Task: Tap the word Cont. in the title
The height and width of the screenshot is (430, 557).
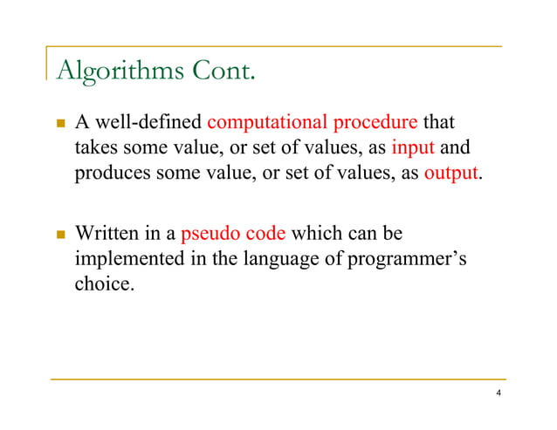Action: click(x=221, y=72)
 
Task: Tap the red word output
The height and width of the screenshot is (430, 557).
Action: click(x=451, y=172)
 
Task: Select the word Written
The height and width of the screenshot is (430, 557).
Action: click(x=107, y=234)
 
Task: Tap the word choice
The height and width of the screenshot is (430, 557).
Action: click(x=102, y=283)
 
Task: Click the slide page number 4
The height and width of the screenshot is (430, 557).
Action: click(x=498, y=395)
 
